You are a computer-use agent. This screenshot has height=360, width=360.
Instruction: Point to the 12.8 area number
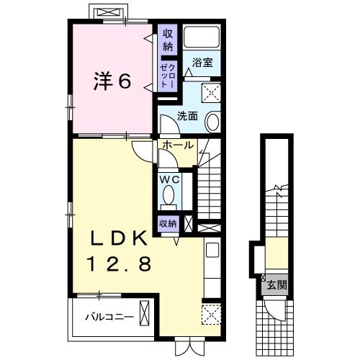point(119,264)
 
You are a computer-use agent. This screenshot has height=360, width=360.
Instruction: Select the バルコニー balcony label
point(108,315)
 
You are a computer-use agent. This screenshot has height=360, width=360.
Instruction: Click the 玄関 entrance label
point(277,285)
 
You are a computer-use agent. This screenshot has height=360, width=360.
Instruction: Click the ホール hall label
point(176,145)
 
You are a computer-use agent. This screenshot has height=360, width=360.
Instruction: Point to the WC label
point(169,178)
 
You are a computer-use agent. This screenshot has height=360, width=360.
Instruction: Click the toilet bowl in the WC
point(168,196)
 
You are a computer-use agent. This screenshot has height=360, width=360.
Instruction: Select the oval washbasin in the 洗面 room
point(214,122)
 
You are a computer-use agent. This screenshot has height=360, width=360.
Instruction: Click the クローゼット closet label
point(167,74)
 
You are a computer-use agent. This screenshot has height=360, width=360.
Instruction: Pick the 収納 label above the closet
point(167,40)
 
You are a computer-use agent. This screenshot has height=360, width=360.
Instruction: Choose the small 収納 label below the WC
point(168,223)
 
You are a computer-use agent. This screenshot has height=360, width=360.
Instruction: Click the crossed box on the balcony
point(146,314)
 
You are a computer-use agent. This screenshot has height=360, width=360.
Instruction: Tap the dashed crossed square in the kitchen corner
point(211,315)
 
